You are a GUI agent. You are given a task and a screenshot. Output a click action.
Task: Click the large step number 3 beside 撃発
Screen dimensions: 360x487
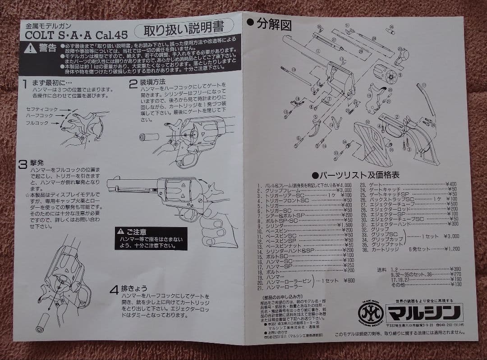pos(23,164)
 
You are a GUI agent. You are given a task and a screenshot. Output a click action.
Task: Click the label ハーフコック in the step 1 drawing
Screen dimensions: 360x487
pos(40,115)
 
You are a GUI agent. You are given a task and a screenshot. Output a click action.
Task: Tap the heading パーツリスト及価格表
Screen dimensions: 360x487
pos(356,175)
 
